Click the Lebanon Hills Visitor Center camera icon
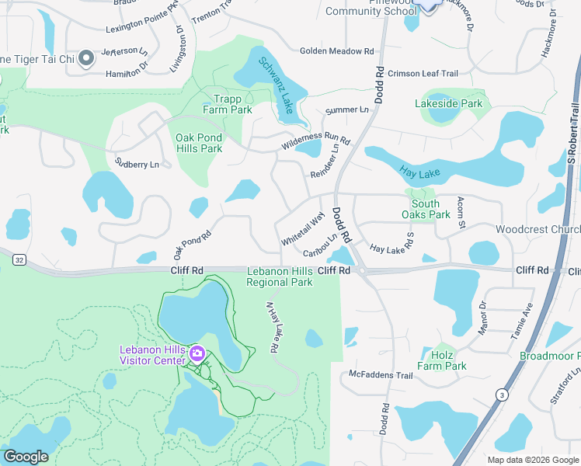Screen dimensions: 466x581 point(197,355)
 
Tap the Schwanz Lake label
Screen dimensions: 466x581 point(276,85)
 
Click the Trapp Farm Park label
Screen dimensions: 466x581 point(233,104)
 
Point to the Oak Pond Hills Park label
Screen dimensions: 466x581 point(199,143)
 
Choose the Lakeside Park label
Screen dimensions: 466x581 point(448,103)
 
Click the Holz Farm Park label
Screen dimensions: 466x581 point(441,360)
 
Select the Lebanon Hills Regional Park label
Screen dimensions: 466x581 point(280,276)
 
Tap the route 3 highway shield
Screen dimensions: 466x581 point(503,395)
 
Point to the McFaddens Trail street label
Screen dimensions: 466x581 point(380,375)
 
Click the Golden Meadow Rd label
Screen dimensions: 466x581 point(337,51)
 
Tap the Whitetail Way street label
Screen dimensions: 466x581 point(302,230)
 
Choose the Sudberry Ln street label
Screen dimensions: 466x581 point(137,164)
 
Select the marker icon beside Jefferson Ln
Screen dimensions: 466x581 point(87,58)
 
